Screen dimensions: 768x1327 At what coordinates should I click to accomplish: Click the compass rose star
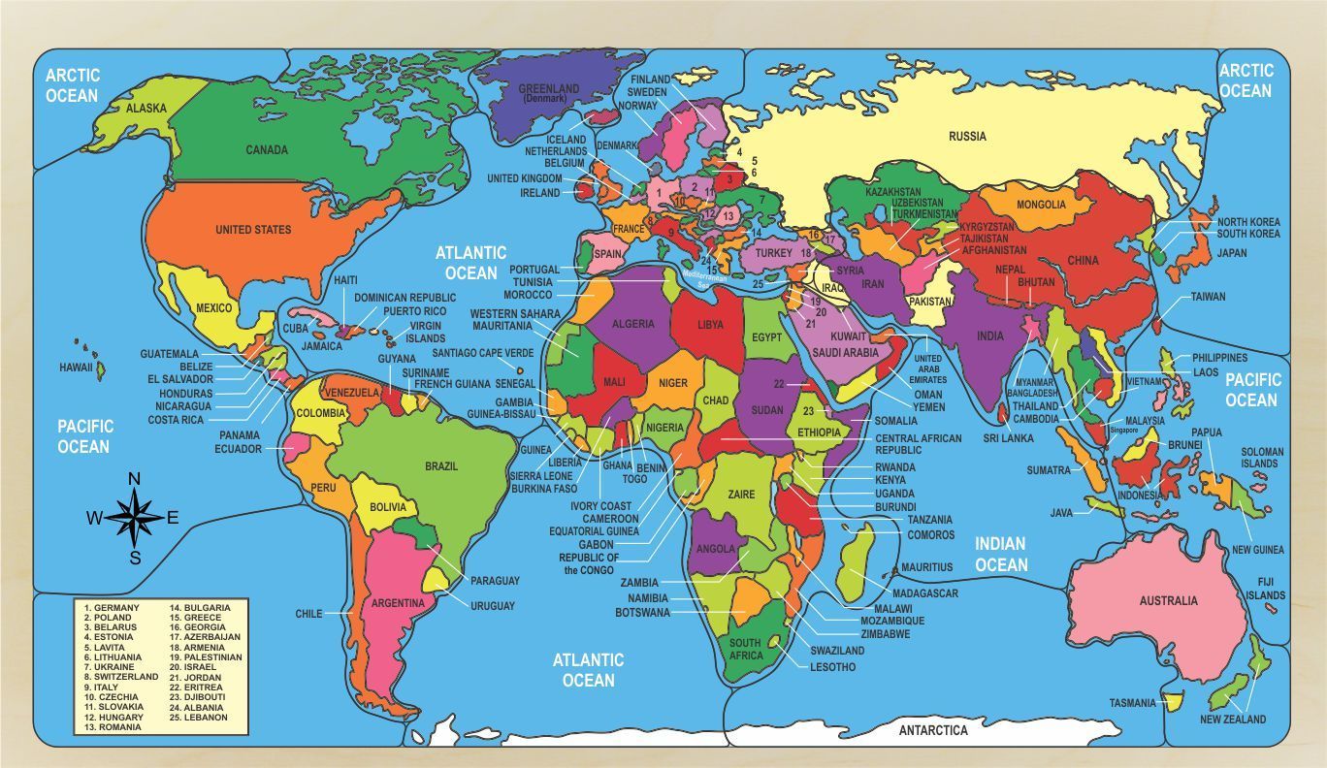135,518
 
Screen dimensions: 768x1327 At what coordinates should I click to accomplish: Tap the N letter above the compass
135,478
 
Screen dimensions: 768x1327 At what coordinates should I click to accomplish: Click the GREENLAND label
548,89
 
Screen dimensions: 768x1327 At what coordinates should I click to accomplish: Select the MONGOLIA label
1041,205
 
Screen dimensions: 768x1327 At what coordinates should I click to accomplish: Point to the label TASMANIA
1133,703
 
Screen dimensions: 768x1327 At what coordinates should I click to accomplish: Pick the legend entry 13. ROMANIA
113,727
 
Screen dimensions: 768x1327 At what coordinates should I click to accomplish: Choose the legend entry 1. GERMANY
112,608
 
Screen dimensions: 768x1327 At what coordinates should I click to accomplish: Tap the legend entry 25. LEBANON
200,718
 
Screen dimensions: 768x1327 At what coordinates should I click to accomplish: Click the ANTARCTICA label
933,730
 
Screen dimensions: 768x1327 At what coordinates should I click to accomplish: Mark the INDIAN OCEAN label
1001,555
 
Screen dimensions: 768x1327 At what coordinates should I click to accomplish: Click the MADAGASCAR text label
924,593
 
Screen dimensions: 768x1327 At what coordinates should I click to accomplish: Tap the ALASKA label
146,109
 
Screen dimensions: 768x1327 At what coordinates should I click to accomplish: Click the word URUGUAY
493,606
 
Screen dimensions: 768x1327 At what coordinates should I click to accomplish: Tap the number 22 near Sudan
779,384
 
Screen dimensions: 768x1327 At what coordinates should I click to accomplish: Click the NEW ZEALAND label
1233,720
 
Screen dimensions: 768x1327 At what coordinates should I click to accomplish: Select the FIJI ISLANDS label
1266,589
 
